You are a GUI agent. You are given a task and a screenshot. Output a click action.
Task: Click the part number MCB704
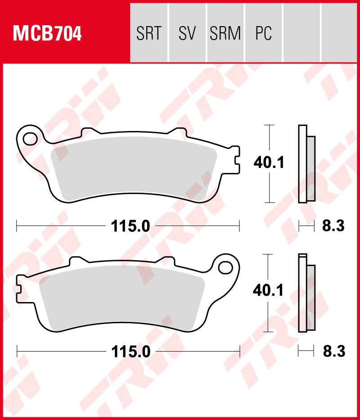(x=47, y=34)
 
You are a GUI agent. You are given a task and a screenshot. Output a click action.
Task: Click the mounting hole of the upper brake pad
(x=31, y=138)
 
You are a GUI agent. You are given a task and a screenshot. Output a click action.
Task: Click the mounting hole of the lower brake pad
(x=225, y=267)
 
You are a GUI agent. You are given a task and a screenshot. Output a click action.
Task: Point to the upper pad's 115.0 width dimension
(x=130, y=226)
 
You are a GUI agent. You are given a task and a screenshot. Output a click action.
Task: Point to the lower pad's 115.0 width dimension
(x=130, y=352)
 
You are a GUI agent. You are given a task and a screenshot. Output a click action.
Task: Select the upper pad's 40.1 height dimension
(x=269, y=163)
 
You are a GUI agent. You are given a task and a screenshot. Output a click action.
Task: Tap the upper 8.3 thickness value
(x=333, y=226)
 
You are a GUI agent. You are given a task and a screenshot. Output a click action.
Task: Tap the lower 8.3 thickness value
(x=333, y=352)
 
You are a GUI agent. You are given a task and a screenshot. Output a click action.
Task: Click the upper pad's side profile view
(x=306, y=164)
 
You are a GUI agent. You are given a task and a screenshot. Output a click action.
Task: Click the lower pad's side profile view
(x=306, y=293)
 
